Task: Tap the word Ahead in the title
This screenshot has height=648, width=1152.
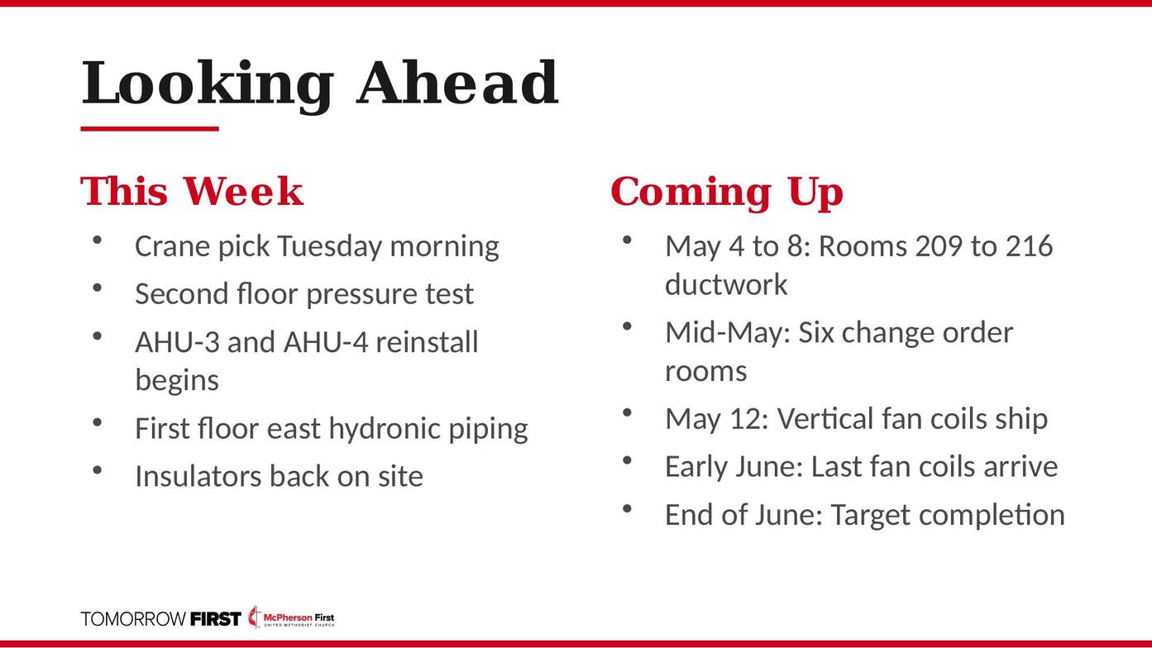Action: (456, 82)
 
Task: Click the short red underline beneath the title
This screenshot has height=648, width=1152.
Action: (150, 128)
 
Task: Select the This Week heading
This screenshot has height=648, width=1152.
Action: (191, 191)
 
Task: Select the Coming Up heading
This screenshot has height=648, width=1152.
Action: (727, 193)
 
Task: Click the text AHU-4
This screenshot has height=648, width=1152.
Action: (326, 342)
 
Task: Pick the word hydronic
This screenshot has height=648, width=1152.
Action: (385, 429)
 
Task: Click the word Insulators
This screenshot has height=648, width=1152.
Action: (198, 476)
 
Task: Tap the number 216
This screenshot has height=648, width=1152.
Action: (1029, 246)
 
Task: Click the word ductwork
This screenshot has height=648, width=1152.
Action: (726, 284)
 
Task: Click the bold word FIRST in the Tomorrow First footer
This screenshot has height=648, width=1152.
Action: (216, 619)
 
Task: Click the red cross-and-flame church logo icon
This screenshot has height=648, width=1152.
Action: (254, 617)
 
